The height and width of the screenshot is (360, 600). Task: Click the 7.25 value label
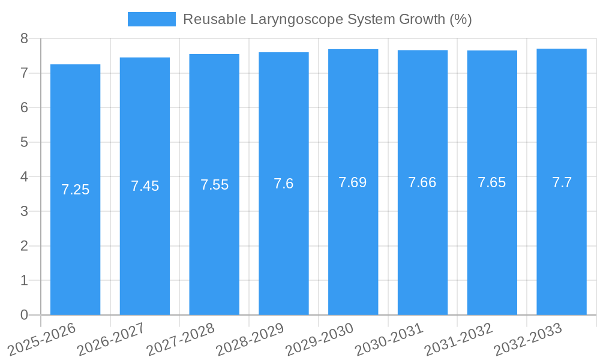tap(75, 190)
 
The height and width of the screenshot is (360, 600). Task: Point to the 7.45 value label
tap(145, 186)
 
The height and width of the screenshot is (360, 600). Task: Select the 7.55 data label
tap(214, 185)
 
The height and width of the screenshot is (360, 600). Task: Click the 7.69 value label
tap(353, 182)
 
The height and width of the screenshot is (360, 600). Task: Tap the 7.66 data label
tap(422, 182)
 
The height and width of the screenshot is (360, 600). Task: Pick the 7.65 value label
tap(492, 182)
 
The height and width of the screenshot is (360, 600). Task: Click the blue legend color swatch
tap(152, 19)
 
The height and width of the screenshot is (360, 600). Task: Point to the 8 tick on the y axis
tap(24, 38)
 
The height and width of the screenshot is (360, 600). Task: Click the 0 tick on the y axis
tap(24, 315)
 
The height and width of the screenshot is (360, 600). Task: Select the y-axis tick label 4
tap(24, 177)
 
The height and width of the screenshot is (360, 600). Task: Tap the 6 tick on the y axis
tap(24, 107)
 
